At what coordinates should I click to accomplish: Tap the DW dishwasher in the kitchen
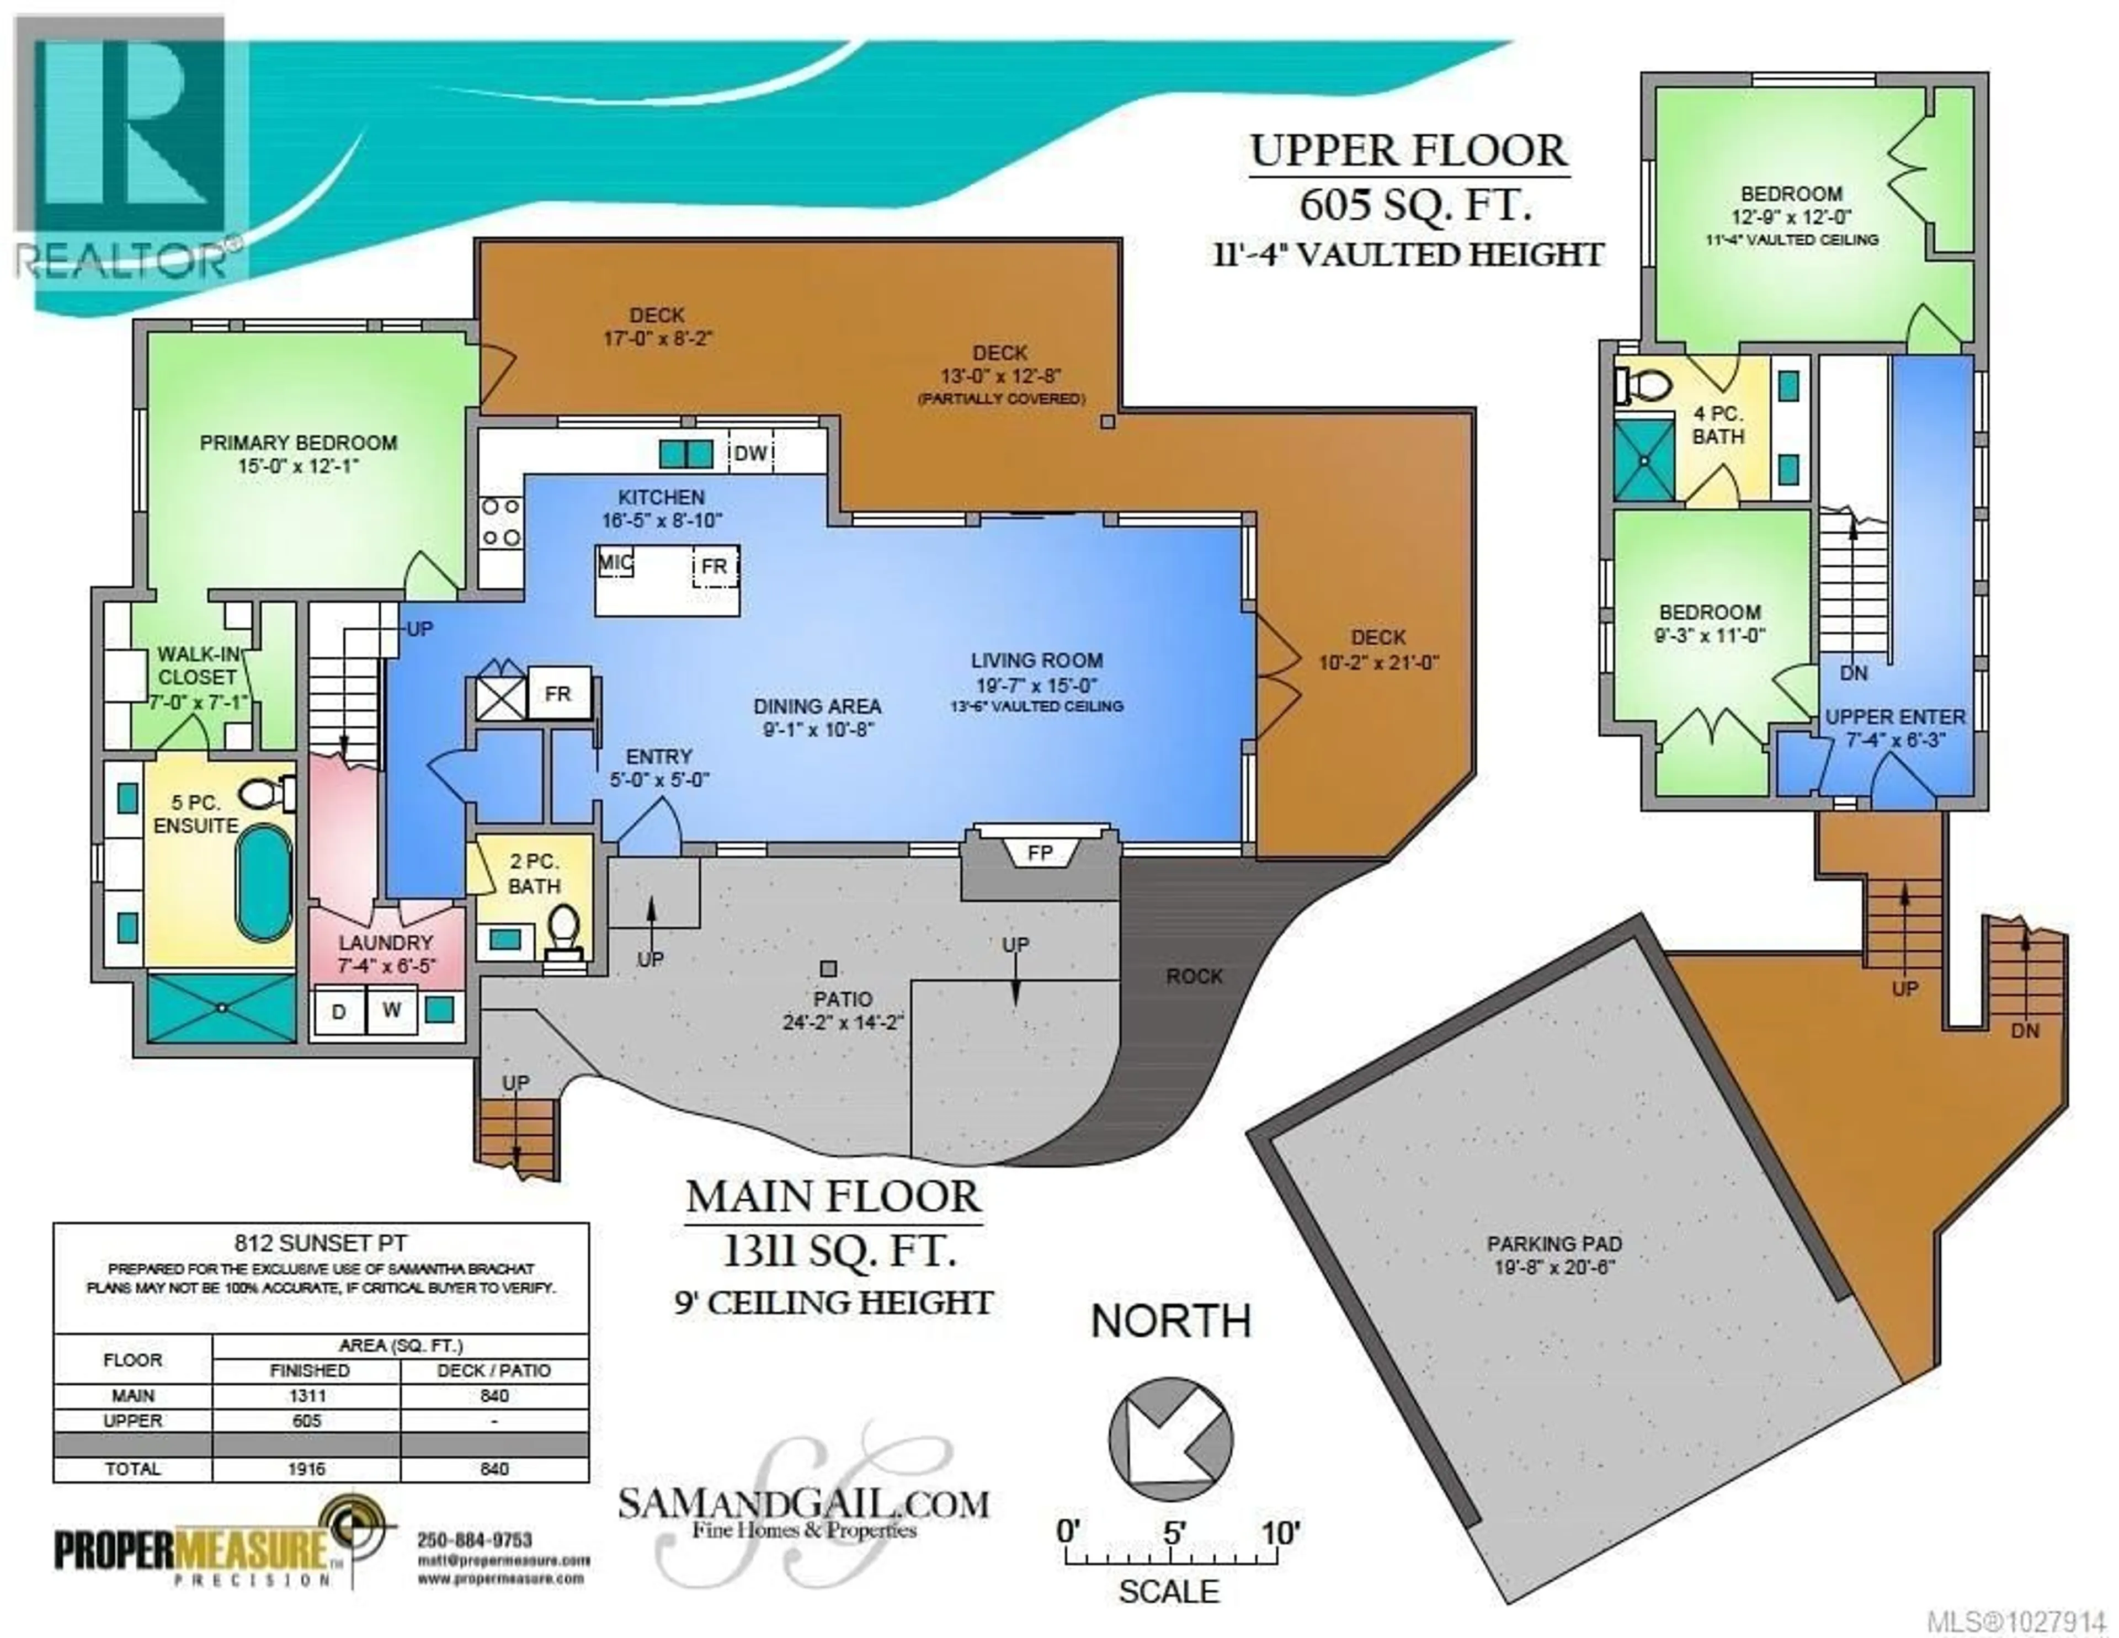749,453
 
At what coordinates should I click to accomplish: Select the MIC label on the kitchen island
614,563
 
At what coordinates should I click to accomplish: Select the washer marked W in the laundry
391,1010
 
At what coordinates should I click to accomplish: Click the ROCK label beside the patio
1194,976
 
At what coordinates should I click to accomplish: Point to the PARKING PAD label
1553,1244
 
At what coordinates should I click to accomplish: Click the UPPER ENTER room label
1895,717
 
